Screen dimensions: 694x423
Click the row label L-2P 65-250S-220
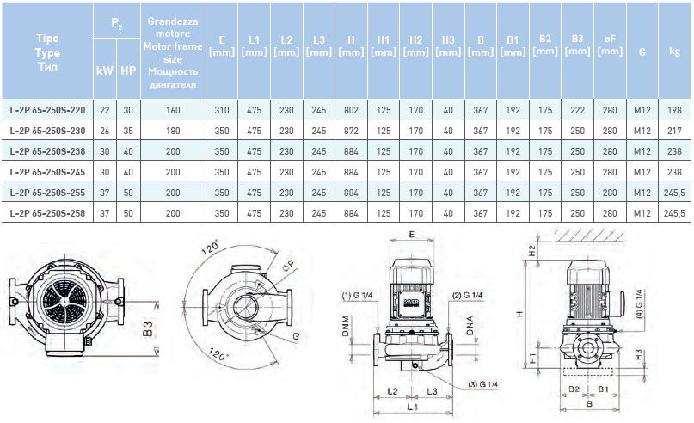coord(47,110)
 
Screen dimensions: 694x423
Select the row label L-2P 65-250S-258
coord(47,213)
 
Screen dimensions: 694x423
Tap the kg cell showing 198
coord(674,110)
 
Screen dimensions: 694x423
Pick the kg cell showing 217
coord(674,131)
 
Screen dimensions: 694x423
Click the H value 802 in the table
coord(351,110)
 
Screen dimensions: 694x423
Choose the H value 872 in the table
coord(351,131)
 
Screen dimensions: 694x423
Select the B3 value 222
coord(578,110)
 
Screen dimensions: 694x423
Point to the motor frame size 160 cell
coord(173,110)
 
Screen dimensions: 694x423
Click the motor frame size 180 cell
coord(173,131)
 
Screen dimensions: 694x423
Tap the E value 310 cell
coord(222,110)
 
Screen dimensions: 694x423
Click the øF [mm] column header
coord(610,45)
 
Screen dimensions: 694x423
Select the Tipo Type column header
coord(47,52)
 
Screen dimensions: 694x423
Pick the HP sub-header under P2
coord(128,70)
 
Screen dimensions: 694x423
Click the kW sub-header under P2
coord(104,70)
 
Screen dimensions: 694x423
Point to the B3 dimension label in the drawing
coord(149,328)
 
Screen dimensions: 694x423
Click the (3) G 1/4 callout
coord(483,384)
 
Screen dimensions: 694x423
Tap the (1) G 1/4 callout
coord(357,295)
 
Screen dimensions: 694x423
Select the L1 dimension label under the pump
coord(413,407)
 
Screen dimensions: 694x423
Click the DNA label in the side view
coord(470,325)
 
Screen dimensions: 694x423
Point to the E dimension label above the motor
coord(412,235)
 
